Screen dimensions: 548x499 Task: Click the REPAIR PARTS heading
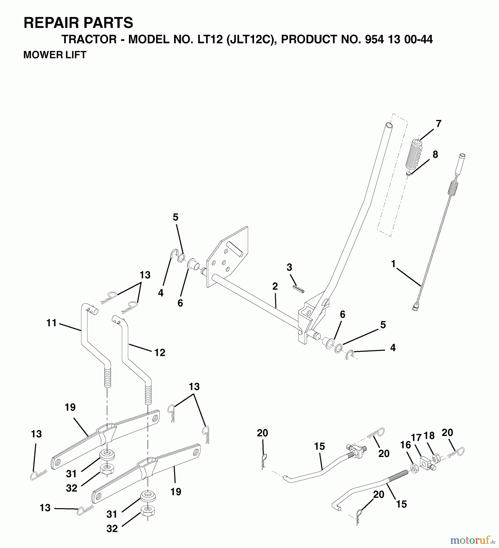pyautogui.click(x=78, y=23)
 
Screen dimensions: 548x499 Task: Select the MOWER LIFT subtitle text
pyautogui.click(x=55, y=55)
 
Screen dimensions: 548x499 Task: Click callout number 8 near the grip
pyautogui.click(x=435, y=154)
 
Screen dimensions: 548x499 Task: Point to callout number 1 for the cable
pyautogui.click(x=393, y=264)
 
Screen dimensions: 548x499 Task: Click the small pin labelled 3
pyautogui.click(x=298, y=289)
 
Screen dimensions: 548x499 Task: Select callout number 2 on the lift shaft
pyautogui.click(x=275, y=286)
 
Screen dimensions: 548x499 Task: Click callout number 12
pyautogui.click(x=160, y=353)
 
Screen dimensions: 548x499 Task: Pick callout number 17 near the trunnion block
pyautogui.click(x=416, y=438)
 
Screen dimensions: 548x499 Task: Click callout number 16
pyautogui.click(x=405, y=445)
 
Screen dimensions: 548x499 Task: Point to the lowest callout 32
pyautogui.click(x=112, y=529)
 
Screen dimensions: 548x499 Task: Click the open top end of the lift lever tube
pyautogui.click(x=388, y=125)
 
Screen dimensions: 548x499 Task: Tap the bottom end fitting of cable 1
pyautogui.click(x=414, y=309)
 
